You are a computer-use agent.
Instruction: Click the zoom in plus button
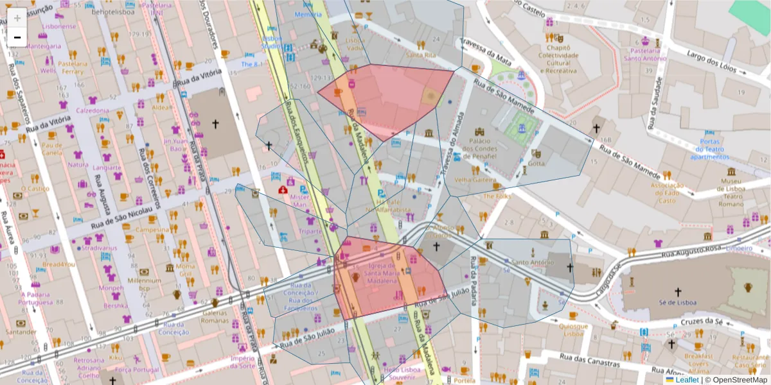pos(17,18)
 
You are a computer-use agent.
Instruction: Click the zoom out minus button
pos(17,37)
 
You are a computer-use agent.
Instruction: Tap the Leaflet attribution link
pos(687,380)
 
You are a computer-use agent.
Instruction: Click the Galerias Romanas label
pos(215,316)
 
